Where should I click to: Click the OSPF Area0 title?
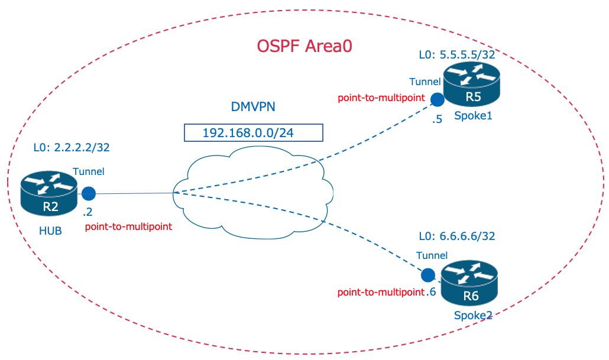click(x=304, y=46)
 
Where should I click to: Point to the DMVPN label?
click(x=253, y=107)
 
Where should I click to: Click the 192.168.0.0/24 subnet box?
click(x=253, y=132)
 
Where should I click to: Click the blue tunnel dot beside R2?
click(x=89, y=193)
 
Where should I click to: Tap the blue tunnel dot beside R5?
click(x=437, y=99)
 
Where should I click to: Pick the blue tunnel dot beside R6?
click(x=427, y=275)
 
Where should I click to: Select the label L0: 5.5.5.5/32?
click(x=456, y=55)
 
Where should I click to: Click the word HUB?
click(x=50, y=231)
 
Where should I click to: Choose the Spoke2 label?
click(x=473, y=315)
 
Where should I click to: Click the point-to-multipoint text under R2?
click(x=128, y=226)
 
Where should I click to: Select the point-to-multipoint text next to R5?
click(x=381, y=98)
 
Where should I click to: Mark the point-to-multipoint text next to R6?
click(x=380, y=293)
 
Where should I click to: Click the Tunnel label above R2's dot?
click(x=88, y=171)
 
